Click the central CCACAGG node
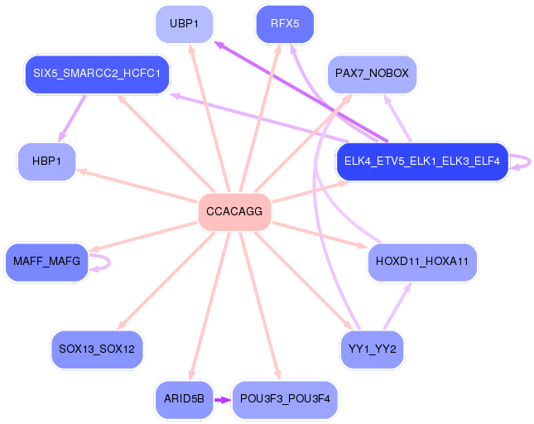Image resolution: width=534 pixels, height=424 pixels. (234, 212)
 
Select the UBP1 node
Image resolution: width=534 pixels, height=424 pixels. (184, 24)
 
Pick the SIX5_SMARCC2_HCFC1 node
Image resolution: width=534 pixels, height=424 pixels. (97, 74)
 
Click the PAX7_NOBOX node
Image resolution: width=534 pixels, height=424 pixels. (372, 74)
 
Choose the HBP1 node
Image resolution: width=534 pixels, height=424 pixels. (46, 161)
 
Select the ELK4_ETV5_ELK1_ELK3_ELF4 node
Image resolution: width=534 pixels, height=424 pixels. (421, 161)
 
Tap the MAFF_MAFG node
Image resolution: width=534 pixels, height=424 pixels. (46, 262)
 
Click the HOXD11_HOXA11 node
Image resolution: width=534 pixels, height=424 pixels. (421, 262)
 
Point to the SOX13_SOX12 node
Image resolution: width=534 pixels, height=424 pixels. (97, 349)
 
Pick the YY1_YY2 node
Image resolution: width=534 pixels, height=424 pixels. (372, 349)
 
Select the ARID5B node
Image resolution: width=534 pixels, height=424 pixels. (184, 399)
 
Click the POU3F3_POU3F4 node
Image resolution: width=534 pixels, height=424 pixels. (285, 399)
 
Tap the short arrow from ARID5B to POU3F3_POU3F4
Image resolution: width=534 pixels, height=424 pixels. (222, 399)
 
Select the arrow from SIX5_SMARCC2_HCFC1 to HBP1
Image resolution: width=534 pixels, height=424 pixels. (73, 117)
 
